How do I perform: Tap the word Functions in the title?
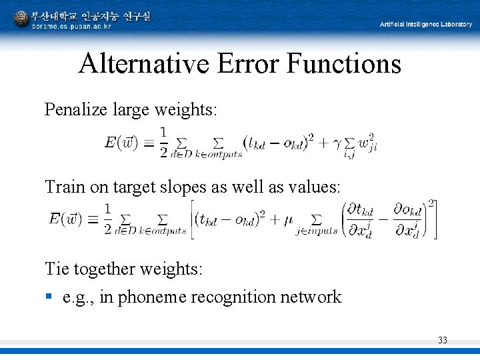[344, 64]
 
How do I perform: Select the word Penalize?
[73, 109]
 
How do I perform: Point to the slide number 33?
[443, 341]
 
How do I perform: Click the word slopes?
[184, 188]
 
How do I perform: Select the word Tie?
[57, 269]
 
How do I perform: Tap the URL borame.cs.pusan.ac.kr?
[71, 27]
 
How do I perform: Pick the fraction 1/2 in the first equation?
[163, 142]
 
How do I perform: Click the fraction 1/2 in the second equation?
[107, 219]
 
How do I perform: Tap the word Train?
[65, 188]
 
